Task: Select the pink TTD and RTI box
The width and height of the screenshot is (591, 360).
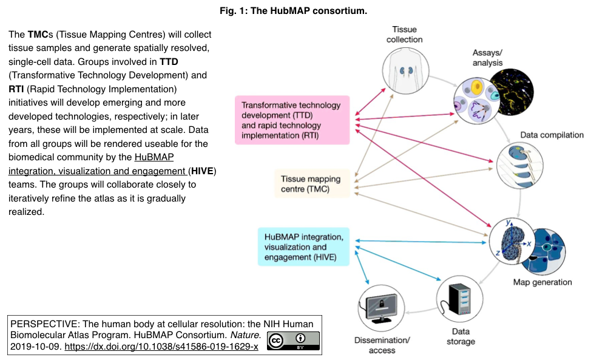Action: click(292, 120)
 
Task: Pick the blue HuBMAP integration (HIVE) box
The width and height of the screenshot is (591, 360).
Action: click(304, 246)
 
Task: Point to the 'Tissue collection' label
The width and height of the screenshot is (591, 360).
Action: click(405, 35)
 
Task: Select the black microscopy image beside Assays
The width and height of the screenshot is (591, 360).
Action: click(512, 92)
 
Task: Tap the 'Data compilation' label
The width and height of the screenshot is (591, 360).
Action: click(552, 135)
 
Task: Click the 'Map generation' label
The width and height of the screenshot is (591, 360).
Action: click(542, 282)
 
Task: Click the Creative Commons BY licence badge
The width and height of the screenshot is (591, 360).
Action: click(294, 341)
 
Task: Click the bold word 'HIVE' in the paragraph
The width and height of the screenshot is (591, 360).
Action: click(202, 172)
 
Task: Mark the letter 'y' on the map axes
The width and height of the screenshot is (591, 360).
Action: click(507, 223)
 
